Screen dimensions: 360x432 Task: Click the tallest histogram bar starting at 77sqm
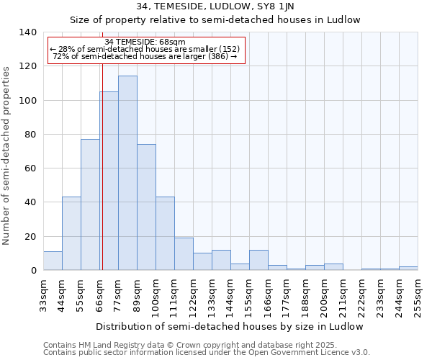[127, 173]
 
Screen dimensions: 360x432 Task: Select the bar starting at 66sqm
[109, 181]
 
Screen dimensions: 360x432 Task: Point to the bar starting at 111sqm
[184, 254]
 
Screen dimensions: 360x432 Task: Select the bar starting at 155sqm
[258, 260]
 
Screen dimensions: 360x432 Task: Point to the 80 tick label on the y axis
[30, 135]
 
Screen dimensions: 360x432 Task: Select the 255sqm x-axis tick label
[418, 296]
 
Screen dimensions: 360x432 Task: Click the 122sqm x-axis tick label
[193, 296]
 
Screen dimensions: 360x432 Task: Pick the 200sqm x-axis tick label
[324, 296]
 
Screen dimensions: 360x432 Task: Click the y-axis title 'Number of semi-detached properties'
[7, 156]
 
